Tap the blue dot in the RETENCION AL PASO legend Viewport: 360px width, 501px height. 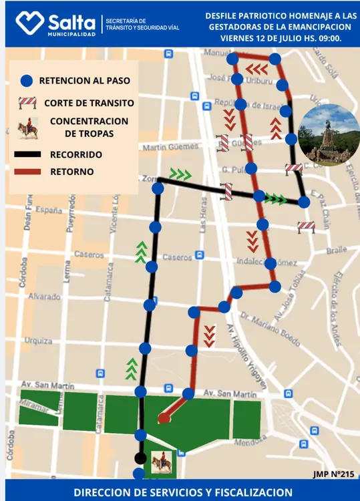(x=26, y=81)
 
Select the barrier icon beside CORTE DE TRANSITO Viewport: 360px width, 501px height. (x=27, y=103)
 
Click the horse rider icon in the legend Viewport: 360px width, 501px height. (x=27, y=128)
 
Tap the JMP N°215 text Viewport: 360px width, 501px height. (x=333, y=474)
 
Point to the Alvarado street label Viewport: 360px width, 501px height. (x=44, y=296)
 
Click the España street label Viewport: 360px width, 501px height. (x=48, y=210)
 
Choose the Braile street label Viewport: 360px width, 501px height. (x=337, y=251)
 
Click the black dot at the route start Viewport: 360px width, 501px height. (x=140, y=458)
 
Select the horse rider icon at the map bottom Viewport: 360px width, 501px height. (x=161, y=462)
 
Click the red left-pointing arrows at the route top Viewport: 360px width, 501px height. (x=256, y=69)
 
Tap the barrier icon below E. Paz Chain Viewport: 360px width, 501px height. (x=306, y=227)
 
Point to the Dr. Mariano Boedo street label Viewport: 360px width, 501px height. (x=271, y=328)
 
